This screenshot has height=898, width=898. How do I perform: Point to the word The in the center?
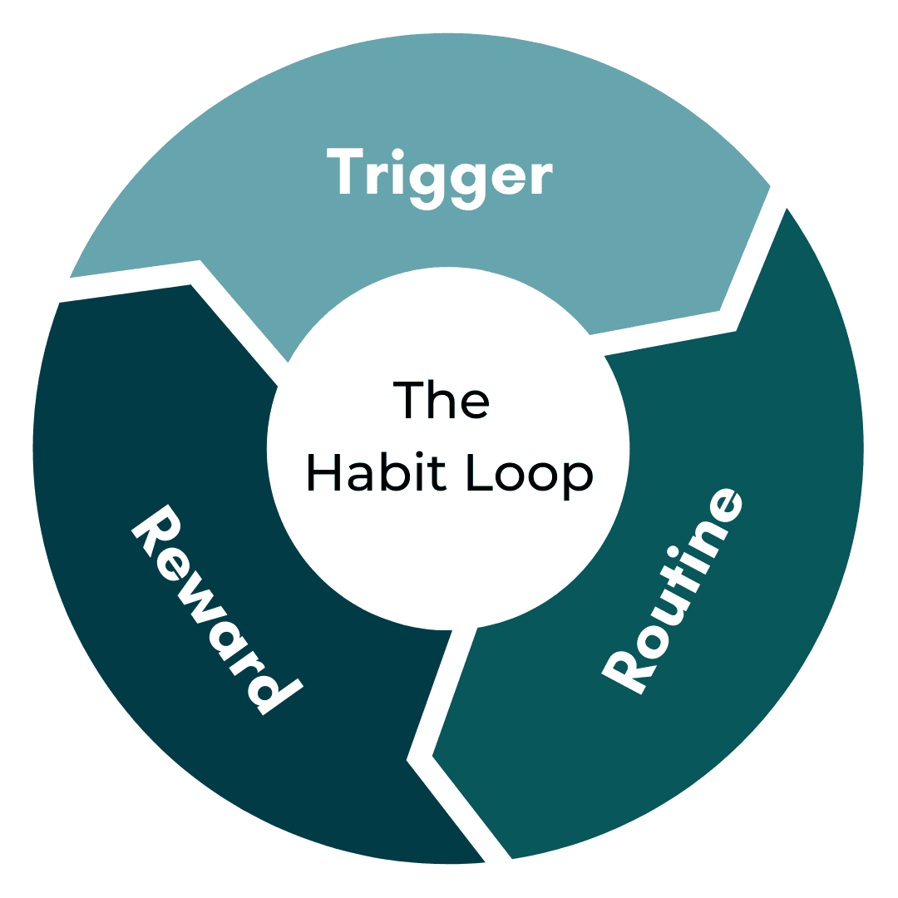point(440,401)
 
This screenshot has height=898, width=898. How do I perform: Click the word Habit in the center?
point(377,474)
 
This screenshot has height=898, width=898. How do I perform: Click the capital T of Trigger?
point(344,171)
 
